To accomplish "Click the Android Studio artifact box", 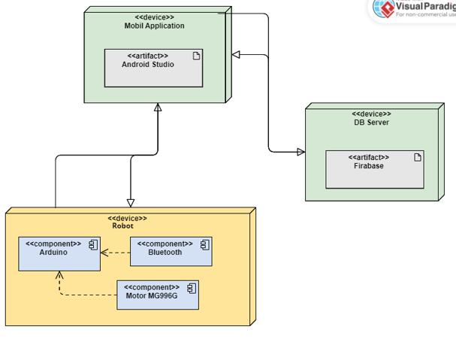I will coord(153,68).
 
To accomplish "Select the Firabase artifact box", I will coord(374,169).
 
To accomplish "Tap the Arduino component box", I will coord(59,254).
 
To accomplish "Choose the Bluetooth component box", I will coord(170,251).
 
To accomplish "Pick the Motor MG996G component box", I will coord(158,295).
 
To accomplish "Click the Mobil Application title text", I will coord(154,26).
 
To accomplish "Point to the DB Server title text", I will coord(371,123).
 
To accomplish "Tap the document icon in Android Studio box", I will coord(196,56).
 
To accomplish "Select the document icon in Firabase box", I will coord(418,157).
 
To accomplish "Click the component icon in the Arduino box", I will coord(94,244).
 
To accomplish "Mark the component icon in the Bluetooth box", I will coord(204,244).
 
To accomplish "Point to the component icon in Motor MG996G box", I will coord(192,288).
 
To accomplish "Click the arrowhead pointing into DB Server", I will coord(300,152).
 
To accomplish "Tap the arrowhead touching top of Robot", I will coord(131,202).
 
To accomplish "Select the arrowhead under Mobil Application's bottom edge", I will coord(158,108).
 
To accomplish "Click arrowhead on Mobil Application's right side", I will coord(236,54).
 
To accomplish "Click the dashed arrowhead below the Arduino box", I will coord(60,276).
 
